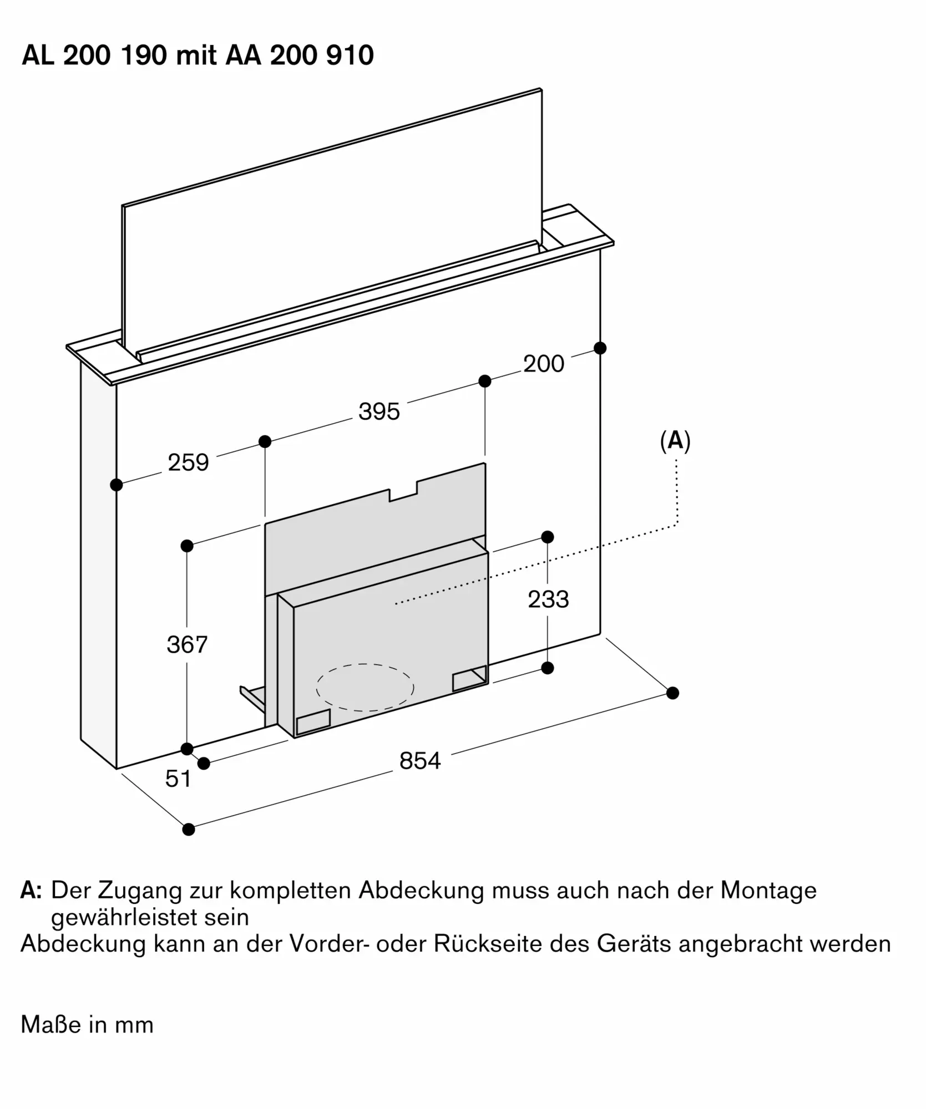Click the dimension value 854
click(419, 760)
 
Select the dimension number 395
click(379, 411)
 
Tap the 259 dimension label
click(188, 462)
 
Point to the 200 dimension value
click(543, 364)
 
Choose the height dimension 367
click(187, 644)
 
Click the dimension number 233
click(548, 599)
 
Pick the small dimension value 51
click(178, 779)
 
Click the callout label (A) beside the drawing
click(675, 441)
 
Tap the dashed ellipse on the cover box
click(365, 687)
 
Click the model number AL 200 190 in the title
click(94, 55)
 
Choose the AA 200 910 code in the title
click(300, 55)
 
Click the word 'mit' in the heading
click(196, 55)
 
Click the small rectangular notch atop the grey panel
click(403, 493)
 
